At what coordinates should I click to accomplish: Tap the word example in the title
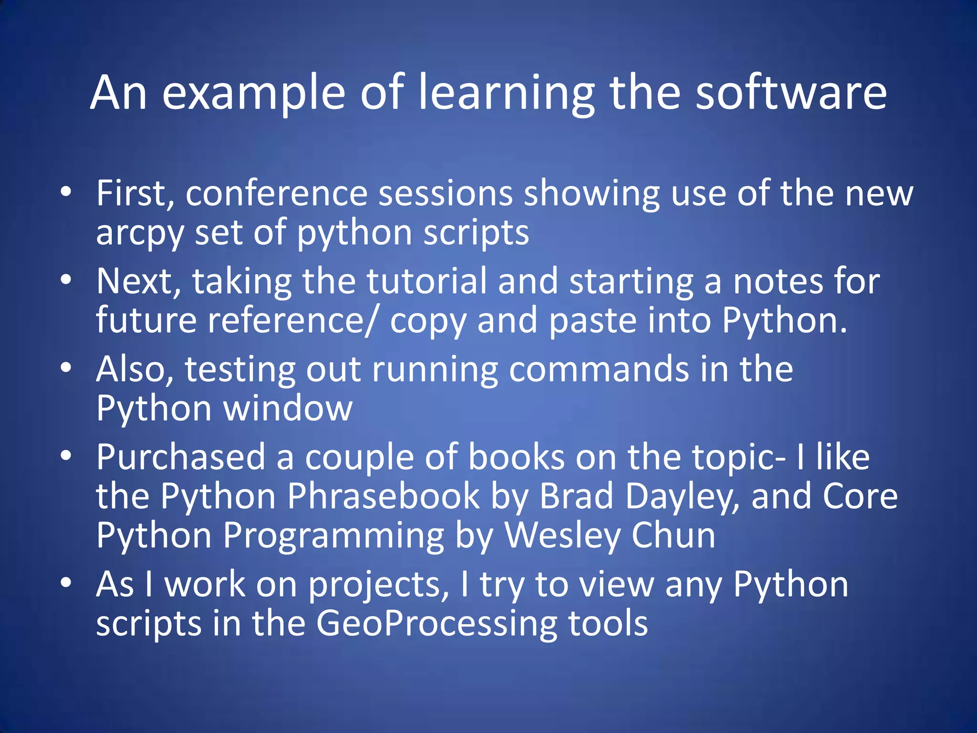[253, 94]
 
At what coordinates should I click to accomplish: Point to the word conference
[276, 193]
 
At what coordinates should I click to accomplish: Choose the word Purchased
[181, 457]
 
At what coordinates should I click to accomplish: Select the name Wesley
[562, 535]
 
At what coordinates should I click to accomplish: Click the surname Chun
[673, 535]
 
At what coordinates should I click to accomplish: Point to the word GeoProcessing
[437, 623]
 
